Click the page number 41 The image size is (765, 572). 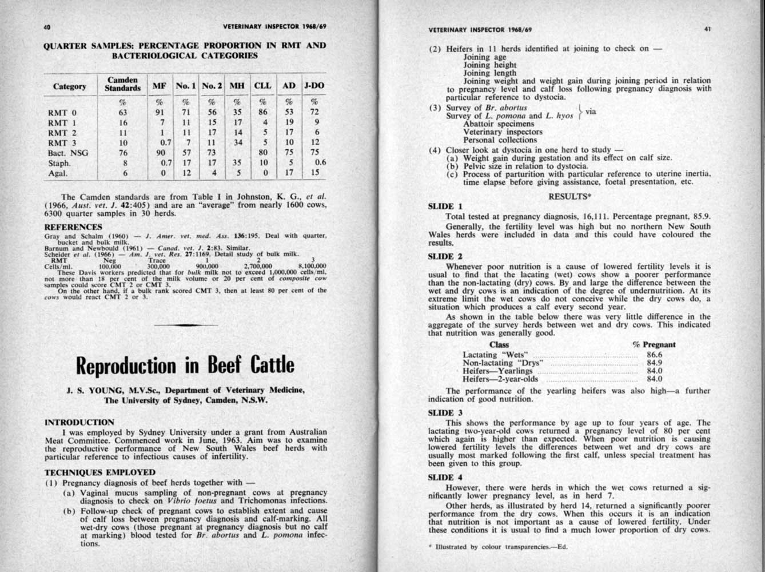point(707,29)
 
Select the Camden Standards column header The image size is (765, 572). point(122,84)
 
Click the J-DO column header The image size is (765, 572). point(314,86)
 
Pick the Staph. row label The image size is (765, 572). point(59,163)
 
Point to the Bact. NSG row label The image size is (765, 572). point(68,153)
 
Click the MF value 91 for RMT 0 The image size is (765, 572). point(160,112)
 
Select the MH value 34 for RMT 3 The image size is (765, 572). point(238,142)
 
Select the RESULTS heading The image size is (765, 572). point(569,196)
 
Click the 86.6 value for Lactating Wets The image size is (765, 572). point(654,354)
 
